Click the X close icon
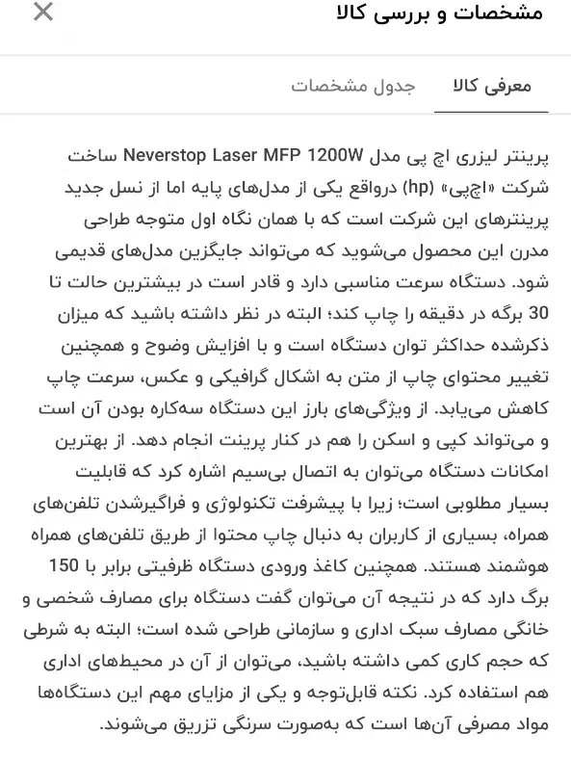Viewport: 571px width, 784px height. [x=42, y=13]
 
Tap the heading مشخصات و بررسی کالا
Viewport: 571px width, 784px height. [x=439, y=13]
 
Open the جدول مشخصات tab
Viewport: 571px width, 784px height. [x=352, y=87]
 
